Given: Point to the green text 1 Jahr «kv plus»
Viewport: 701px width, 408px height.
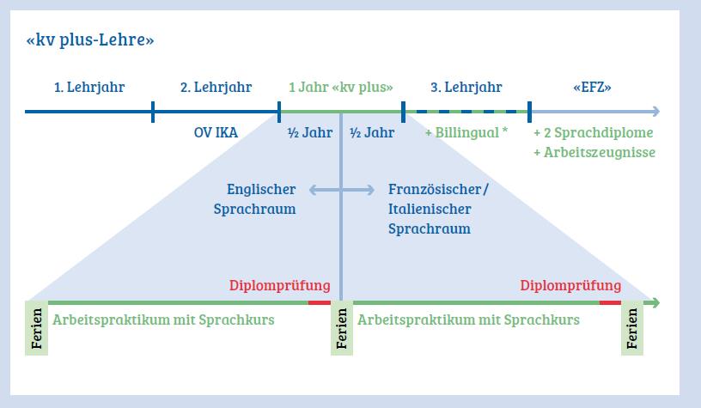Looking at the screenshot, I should tap(341, 88).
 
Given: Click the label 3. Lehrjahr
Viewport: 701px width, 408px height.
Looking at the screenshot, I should tap(466, 88).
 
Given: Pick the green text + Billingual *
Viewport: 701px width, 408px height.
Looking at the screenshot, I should tap(467, 133).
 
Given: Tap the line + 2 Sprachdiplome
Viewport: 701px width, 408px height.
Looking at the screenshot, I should tap(594, 133).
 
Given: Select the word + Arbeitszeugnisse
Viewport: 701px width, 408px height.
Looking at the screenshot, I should tap(594, 152).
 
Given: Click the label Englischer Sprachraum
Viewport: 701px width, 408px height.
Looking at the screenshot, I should tap(261, 199).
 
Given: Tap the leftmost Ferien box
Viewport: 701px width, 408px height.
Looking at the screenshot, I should tap(37, 327).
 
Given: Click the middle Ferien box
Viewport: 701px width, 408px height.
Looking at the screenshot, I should tap(341, 327).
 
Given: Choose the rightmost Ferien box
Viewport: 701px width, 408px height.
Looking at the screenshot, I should tap(633, 327).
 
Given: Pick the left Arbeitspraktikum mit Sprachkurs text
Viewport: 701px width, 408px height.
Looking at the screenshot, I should tap(164, 320).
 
